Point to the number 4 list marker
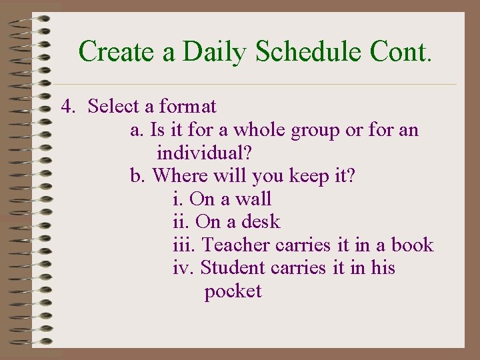click(67, 107)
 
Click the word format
click(188, 107)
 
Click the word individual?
click(204, 153)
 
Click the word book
click(412, 245)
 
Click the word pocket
click(233, 292)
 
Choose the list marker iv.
click(183, 268)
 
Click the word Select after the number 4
click(113, 107)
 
